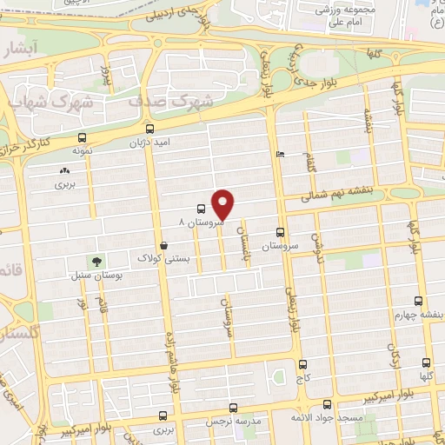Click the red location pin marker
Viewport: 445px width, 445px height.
tap(224, 203)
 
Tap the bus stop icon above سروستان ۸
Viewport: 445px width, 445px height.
tap(201, 209)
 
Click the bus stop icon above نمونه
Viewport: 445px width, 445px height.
tap(83, 136)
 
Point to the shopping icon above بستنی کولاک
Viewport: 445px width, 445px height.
tap(164, 245)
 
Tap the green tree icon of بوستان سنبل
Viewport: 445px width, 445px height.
tap(96, 261)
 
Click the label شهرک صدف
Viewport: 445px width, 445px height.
tap(170, 101)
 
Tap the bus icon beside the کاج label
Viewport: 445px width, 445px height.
tap(302, 364)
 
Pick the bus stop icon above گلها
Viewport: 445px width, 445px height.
tap(425, 362)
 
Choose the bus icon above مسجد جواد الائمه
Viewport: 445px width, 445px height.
tap(327, 404)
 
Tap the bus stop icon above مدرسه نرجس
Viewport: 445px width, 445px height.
tap(231, 408)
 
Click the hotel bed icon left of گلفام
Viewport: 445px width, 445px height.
tap(278, 155)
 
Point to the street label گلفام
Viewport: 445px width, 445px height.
tap(309, 160)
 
